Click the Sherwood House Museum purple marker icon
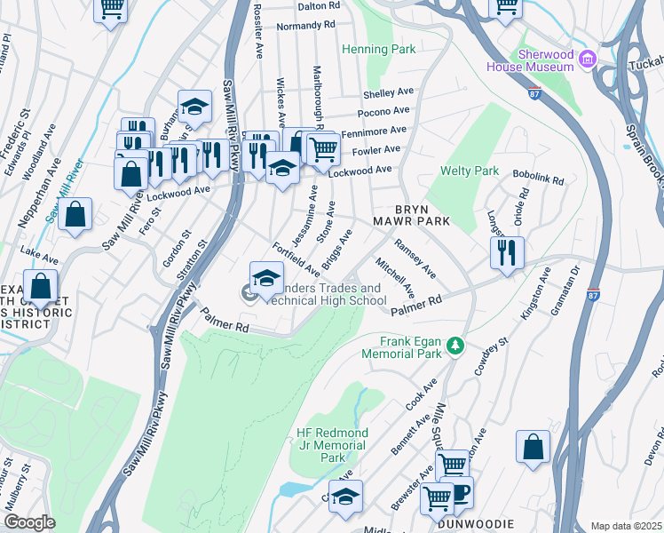tap(586, 59)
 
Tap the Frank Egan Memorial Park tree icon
tap(455, 344)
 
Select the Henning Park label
tap(378, 50)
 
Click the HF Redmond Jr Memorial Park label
tap(331, 445)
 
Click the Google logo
tap(29, 521)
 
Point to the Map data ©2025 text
tap(625, 526)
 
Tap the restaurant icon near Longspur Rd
tap(507, 251)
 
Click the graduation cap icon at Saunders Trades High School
tap(266, 278)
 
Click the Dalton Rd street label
tap(319, 5)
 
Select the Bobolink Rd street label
tap(538, 179)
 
